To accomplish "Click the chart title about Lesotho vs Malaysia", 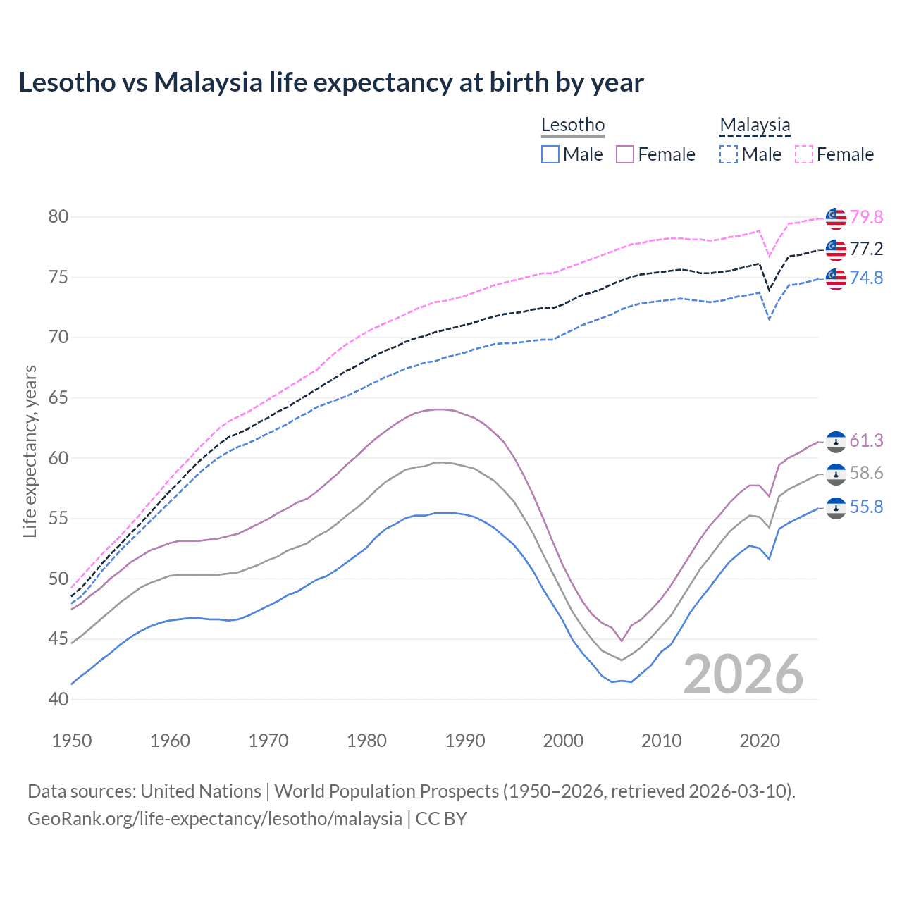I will click(x=330, y=82).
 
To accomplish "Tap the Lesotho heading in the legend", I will click(x=572, y=125).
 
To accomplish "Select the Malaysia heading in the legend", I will click(x=755, y=125).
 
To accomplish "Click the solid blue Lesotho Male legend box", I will click(x=550, y=154).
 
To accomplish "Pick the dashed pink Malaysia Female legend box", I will click(x=804, y=154).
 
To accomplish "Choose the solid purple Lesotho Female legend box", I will click(x=625, y=154).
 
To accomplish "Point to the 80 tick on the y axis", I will click(x=58, y=216).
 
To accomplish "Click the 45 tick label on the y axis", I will click(x=58, y=639).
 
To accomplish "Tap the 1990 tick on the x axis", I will click(x=465, y=741).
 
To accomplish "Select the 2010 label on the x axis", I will click(x=661, y=741).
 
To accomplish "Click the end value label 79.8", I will click(x=866, y=217).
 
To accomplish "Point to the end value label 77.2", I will click(x=866, y=249).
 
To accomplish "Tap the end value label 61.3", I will click(x=866, y=440).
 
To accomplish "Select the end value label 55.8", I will click(x=866, y=507).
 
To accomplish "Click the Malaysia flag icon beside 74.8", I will click(x=836, y=278).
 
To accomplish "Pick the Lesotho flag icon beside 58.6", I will click(x=836, y=474).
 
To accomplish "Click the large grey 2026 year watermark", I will click(x=743, y=674).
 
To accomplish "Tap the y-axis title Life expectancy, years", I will click(x=30, y=451).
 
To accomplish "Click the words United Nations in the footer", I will click(x=201, y=791).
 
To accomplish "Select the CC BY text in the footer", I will click(x=441, y=819).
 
